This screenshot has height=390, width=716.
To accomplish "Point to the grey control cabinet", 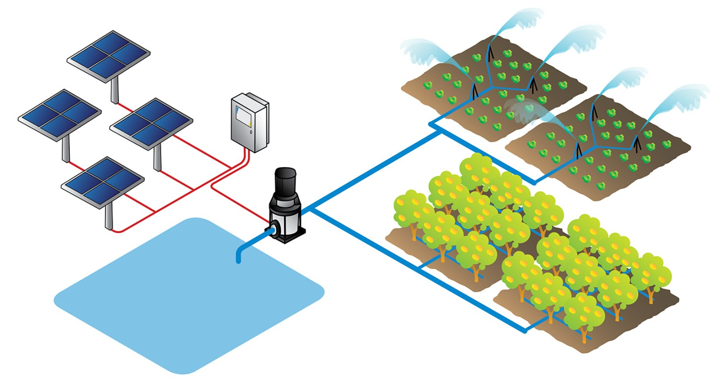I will click(249, 122).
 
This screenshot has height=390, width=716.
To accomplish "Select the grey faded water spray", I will click(521, 109).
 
